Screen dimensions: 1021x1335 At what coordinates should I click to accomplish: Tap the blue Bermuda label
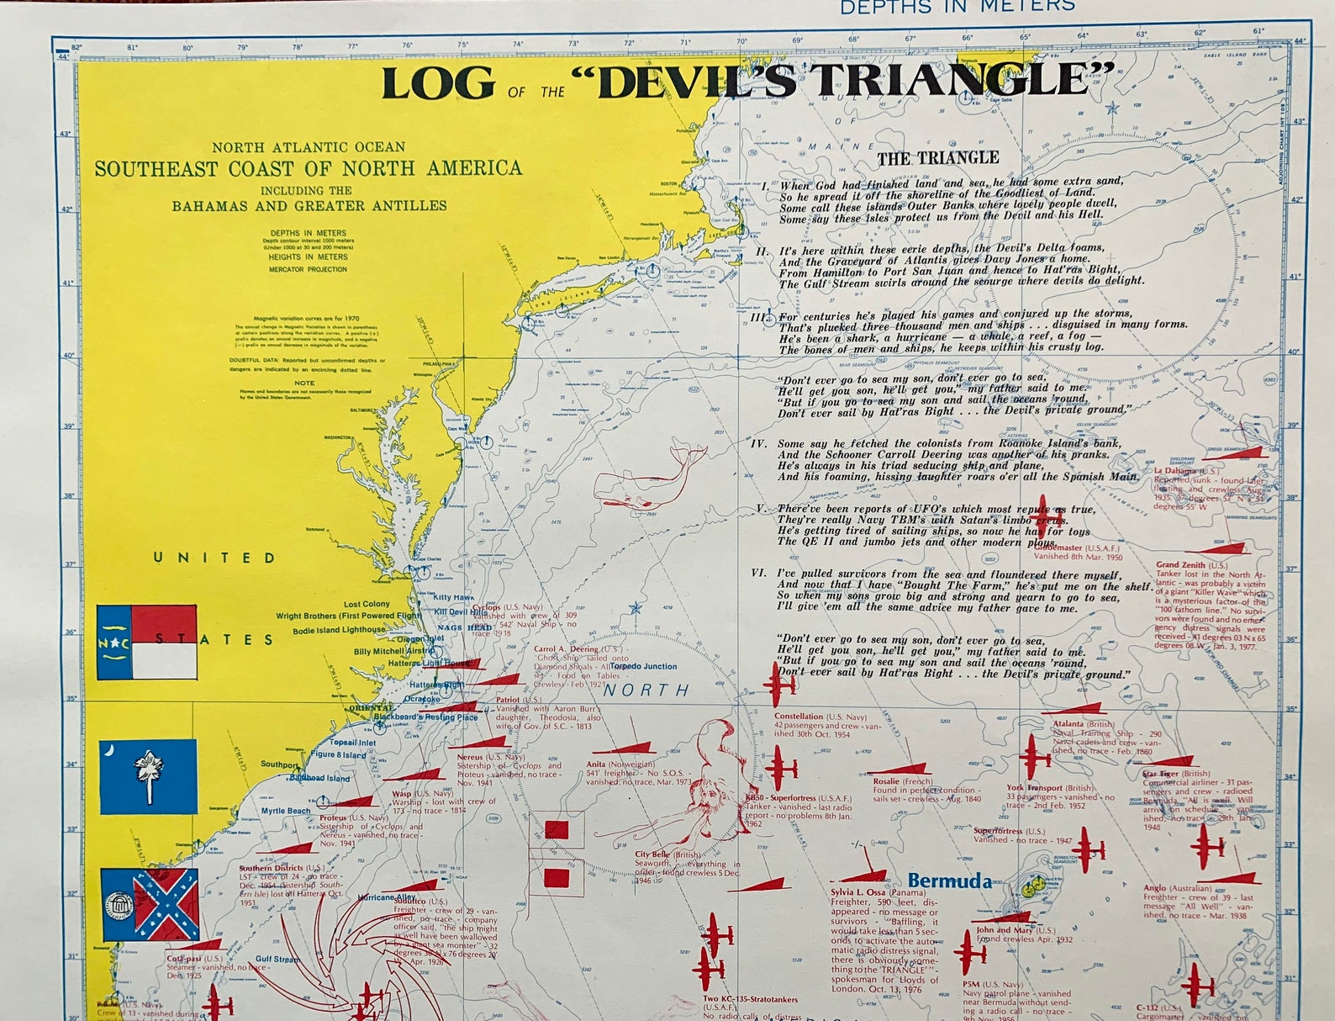pyautogui.click(x=949, y=881)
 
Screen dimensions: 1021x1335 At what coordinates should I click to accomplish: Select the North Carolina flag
pyautogui.click(x=146, y=642)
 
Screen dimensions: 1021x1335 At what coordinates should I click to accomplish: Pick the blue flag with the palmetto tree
pyautogui.click(x=148, y=776)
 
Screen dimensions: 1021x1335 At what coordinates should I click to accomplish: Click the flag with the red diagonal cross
pyautogui.click(x=150, y=905)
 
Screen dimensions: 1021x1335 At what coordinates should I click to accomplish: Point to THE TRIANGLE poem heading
pyautogui.click(x=937, y=157)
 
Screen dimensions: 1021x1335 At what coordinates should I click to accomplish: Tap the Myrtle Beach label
pyautogui.click(x=286, y=811)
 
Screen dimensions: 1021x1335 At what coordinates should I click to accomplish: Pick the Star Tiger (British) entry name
pyautogui.click(x=1164, y=773)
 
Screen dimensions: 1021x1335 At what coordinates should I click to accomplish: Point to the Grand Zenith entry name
pyautogui.click(x=1180, y=565)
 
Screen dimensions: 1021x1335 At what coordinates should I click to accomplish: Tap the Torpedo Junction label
pyautogui.click(x=643, y=666)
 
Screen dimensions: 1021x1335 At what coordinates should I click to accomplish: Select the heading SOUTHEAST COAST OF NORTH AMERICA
pyautogui.click(x=308, y=168)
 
